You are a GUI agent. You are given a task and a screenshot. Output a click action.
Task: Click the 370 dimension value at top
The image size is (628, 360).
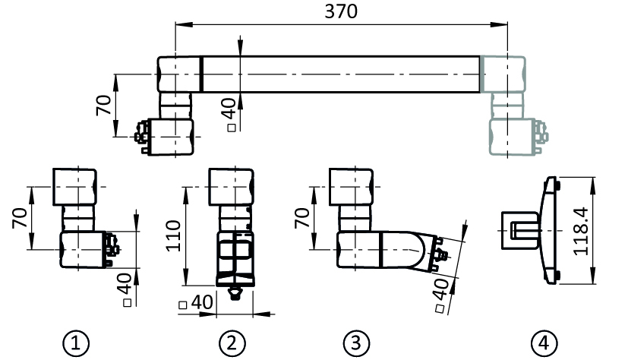[x=341, y=11]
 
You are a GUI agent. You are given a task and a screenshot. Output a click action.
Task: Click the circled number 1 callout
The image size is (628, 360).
[x=76, y=343]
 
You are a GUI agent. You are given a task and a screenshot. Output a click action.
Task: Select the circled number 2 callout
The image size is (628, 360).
[x=232, y=343]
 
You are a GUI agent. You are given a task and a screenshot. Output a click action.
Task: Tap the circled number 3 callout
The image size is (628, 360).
[x=356, y=343]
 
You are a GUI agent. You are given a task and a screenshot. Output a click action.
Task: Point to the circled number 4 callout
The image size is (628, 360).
[x=544, y=343]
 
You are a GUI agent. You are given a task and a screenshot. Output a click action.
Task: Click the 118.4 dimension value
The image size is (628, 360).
[x=581, y=231]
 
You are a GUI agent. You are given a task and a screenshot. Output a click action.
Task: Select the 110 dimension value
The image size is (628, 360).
[x=174, y=236]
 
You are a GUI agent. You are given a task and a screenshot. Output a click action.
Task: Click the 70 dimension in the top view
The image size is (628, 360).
[x=104, y=105]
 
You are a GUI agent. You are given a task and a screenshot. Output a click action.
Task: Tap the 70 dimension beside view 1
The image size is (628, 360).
[x=20, y=218]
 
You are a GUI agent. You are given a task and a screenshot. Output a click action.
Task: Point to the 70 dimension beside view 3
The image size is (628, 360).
[x=302, y=218]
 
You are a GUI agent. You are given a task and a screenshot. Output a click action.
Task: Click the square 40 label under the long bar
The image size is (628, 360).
[x=230, y=115]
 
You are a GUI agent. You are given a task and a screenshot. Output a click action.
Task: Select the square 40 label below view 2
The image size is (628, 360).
[x=196, y=302]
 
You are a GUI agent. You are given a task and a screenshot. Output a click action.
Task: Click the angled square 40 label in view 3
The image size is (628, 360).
[x=440, y=295]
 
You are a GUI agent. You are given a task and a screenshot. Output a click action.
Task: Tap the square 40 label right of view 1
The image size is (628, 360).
[x=126, y=290]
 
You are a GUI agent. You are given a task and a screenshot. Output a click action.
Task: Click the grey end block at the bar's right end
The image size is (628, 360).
[x=503, y=74]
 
